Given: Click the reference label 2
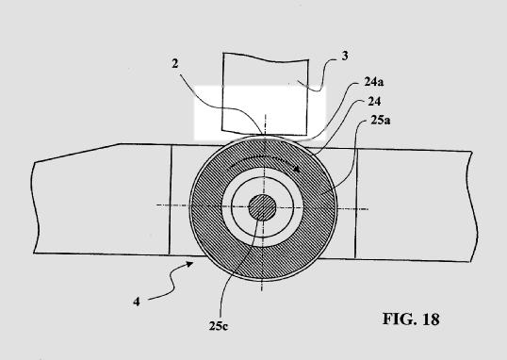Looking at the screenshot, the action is pos(175,64).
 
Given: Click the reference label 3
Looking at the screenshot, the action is pos(345,56).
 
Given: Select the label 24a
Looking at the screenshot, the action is pos(374,82).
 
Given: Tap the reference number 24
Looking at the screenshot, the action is pos(374,102).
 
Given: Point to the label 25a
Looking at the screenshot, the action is pos(381,121).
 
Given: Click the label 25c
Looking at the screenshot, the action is pos(219,326).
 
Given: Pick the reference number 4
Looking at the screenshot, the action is pos(137,302).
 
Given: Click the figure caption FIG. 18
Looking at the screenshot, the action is pos(411,319).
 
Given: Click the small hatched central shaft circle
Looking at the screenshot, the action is pos(262,207).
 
